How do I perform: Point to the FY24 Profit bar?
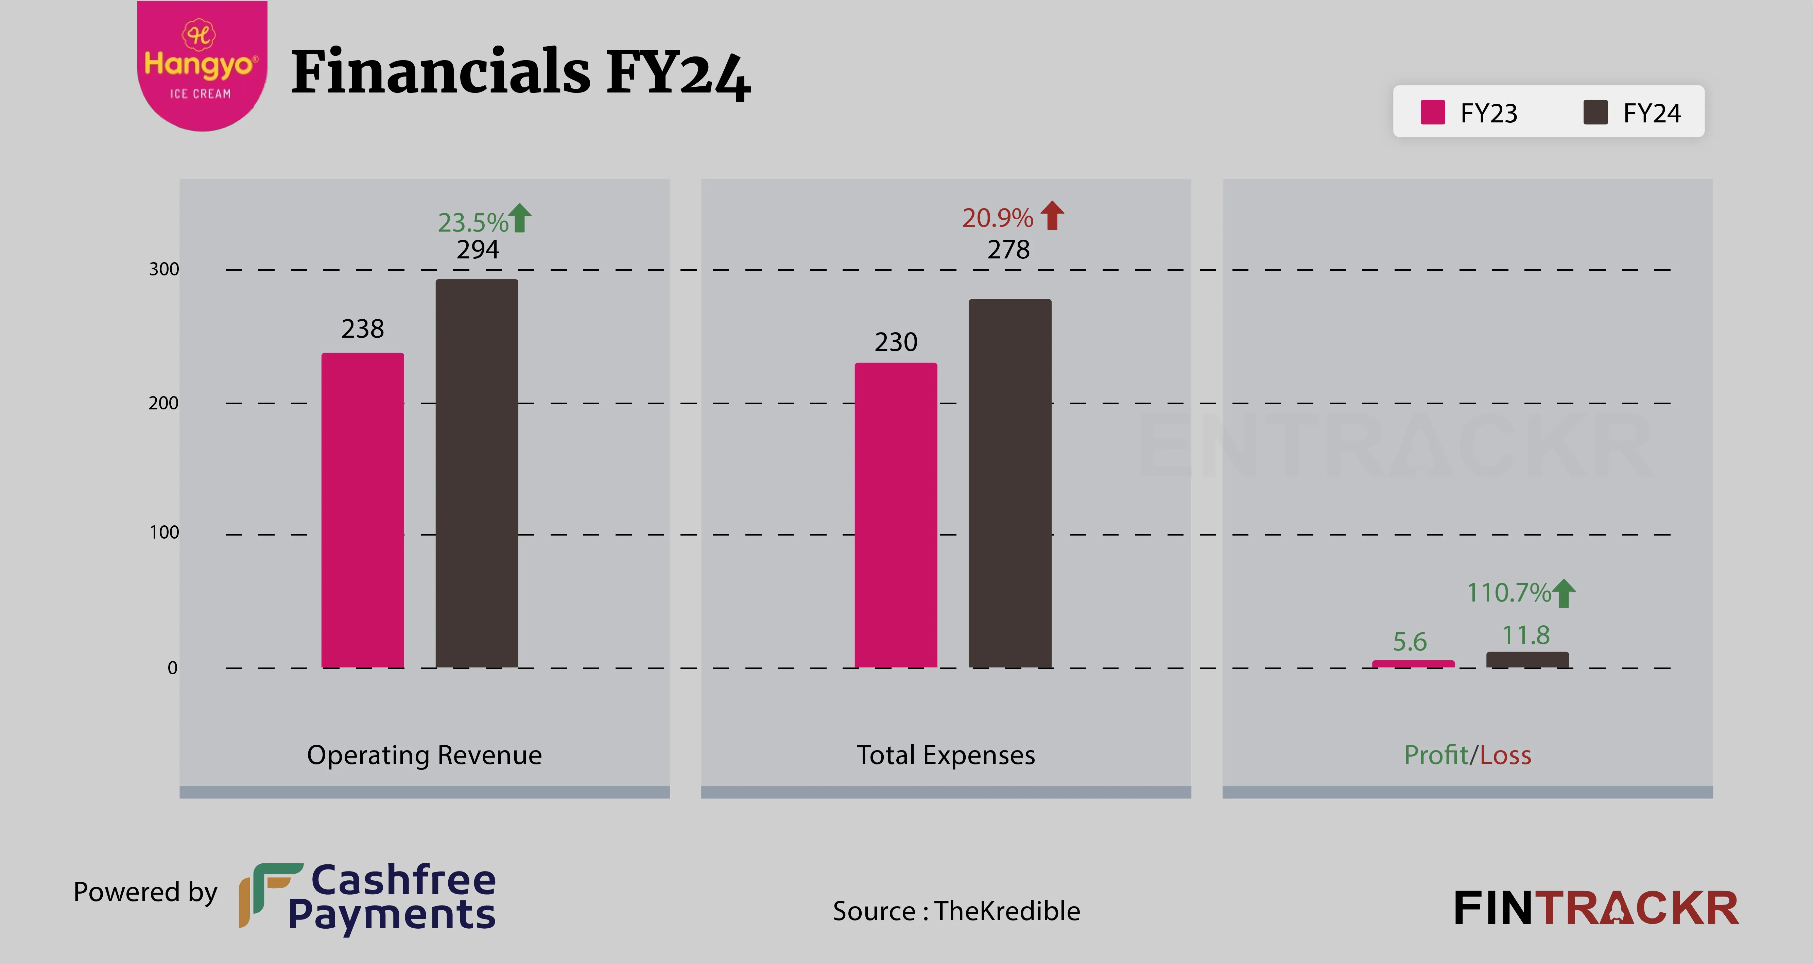[1527, 660]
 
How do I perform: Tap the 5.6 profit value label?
[1410, 642]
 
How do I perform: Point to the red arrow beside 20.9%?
[1052, 216]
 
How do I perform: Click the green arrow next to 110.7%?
[1564, 593]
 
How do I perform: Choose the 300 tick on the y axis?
[164, 269]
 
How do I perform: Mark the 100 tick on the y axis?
[164, 532]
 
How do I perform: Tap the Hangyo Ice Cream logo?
[201, 65]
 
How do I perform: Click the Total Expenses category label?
[945, 755]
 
